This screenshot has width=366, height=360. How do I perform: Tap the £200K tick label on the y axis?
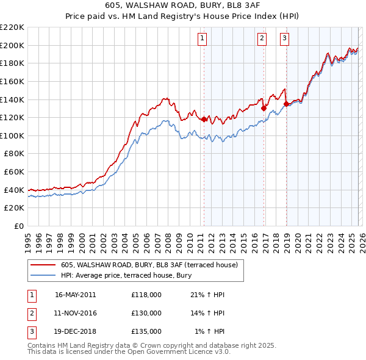(13, 45)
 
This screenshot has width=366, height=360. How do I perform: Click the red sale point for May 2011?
(204, 119)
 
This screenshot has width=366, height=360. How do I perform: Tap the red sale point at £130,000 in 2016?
(264, 108)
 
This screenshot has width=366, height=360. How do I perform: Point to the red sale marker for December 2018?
(286, 104)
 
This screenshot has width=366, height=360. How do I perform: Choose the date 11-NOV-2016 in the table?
(76, 313)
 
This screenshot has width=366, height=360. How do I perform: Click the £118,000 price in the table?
(146, 295)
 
